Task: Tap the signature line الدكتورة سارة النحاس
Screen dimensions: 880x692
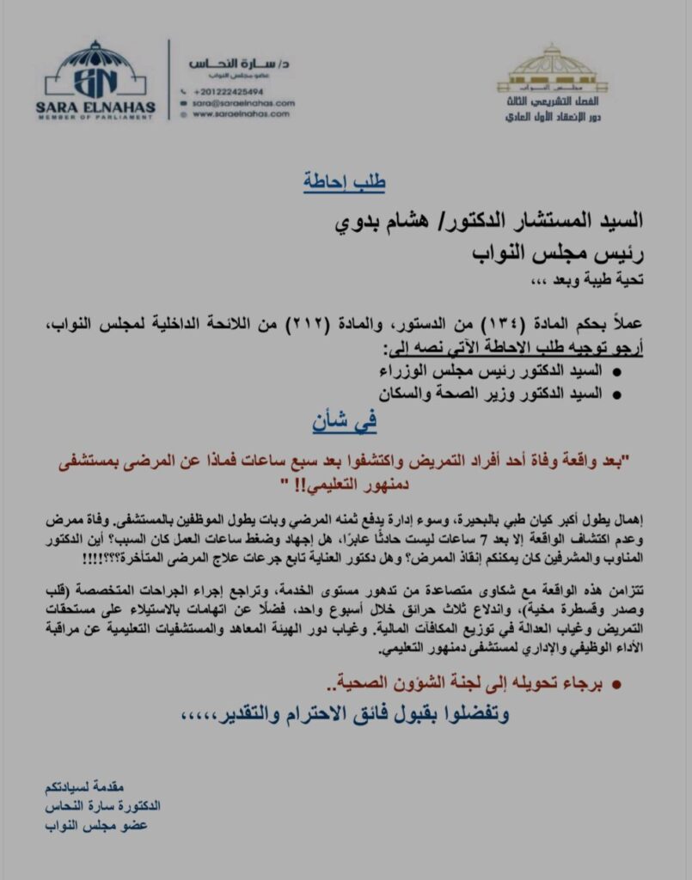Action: (x=102, y=808)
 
